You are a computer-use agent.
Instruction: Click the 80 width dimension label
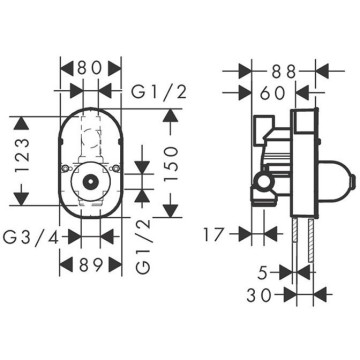pos(89,69)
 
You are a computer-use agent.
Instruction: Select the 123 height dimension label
pos(24,156)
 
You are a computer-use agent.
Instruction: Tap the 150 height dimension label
pos(171,163)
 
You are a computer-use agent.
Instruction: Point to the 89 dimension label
pos(90,265)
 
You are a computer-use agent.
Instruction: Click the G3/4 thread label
pos(31,237)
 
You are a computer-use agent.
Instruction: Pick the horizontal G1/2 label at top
pos(159,92)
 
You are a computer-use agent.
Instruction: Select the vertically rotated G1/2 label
pos(144,247)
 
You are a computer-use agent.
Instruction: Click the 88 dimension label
pos(284,71)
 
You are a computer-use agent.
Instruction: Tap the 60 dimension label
pos(273,93)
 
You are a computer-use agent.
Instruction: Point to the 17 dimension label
pos(213,234)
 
